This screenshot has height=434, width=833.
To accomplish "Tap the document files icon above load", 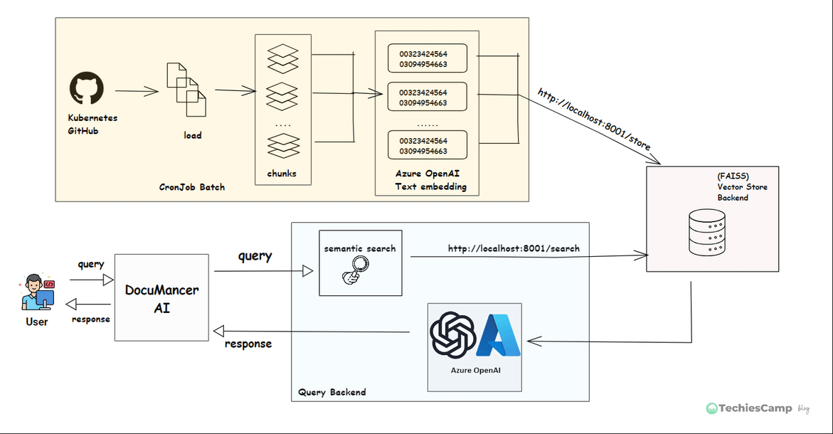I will click(x=186, y=90).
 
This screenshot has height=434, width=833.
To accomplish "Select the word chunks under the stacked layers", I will click(x=282, y=174).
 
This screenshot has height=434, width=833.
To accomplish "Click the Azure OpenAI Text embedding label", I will click(x=425, y=180).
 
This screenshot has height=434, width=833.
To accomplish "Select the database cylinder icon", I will click(x=707, y=232).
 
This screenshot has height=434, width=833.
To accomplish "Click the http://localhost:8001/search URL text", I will click(x=514, y=248).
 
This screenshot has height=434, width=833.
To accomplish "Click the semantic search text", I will click(x=360, y=248).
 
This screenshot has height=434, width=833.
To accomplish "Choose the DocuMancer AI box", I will click(x=162, y=298).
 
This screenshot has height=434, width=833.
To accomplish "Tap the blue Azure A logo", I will click(x=499, y=335).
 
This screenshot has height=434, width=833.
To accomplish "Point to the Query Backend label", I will click(x=332, y=392).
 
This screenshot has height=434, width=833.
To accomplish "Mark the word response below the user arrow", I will click(x=91, y=319).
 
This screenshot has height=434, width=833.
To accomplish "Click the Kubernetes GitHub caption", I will click(x=92, y=124).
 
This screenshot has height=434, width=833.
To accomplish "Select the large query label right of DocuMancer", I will click(x=255, y=256).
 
